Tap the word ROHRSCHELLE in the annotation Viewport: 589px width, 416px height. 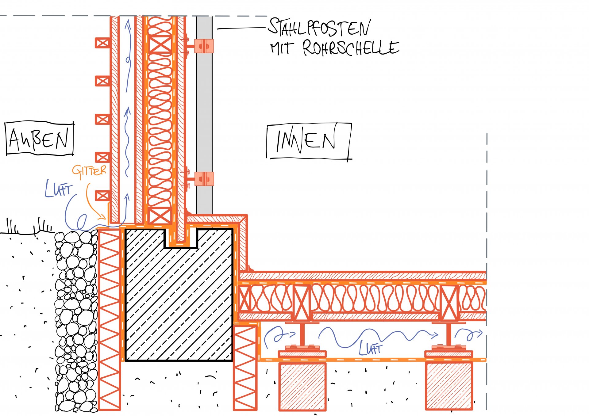pos(351,48)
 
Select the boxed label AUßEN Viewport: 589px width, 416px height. pos(39,139)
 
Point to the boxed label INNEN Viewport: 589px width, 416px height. pos(308,141)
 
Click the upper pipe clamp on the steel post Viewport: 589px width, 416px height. pos(204,46)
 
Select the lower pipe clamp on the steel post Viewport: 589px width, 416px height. pos(204,179)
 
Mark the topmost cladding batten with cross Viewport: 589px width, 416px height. pos(102,43)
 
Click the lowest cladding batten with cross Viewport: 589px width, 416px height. pos(102,196)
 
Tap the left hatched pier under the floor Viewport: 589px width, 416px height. pos(302,386)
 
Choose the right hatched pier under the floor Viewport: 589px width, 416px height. pos(449,386)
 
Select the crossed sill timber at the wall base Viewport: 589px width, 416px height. pos(160,216)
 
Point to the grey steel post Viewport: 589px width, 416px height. pos(204,116)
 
